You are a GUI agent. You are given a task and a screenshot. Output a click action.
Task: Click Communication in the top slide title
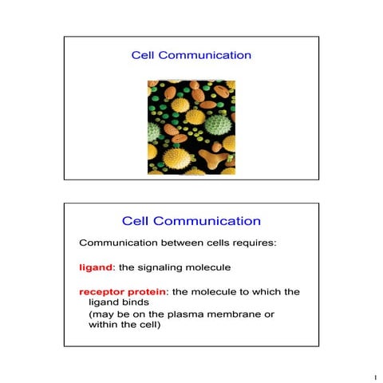pyautogui.click(x=204, y=56)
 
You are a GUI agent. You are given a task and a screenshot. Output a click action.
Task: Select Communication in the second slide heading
pyautogui.click(x=207, y=220)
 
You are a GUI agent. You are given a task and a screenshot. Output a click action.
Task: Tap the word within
pyautogui.click(x=103, y=326)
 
